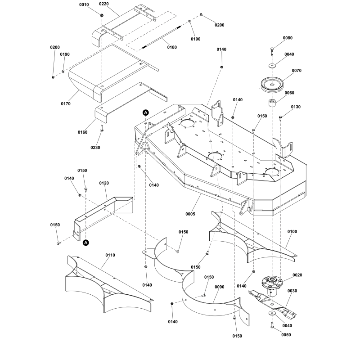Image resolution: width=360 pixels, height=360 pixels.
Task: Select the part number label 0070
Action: coord(296,71)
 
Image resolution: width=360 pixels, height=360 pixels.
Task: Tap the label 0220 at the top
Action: coord(104,4)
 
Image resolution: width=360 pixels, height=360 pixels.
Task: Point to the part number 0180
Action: coord(172,47)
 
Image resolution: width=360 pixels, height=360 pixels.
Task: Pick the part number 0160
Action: coord(82,132)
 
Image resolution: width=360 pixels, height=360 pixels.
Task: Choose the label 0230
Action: coord(95,148)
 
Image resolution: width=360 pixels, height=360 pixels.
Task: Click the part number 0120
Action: coord(104,184)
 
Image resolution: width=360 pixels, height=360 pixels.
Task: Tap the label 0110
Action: coord(110,255)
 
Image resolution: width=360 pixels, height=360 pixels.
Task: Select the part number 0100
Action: coord(292,231)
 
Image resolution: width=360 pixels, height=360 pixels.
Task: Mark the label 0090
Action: coord(219,287)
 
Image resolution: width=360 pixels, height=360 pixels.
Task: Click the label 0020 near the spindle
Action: coord(297,275)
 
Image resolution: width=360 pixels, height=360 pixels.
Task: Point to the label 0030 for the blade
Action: coord(292,291)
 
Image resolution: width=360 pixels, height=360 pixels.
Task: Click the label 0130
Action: coord(296,107)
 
